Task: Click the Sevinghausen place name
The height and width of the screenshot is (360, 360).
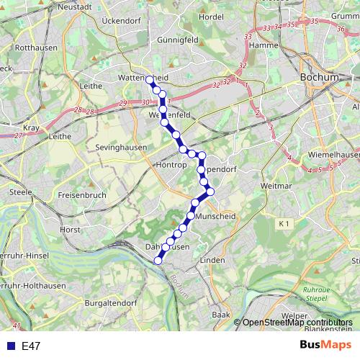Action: click(121, 147)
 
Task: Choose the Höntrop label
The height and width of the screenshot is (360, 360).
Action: click(171, 165)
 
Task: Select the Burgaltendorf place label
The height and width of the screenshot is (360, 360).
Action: click(111, 303)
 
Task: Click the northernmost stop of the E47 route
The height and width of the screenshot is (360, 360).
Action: click(149, 80)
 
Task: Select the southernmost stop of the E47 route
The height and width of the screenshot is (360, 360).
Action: click(158, 261)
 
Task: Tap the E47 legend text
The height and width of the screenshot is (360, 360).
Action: click(31, 346)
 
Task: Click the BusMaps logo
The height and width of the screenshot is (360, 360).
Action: click(326, 345)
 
